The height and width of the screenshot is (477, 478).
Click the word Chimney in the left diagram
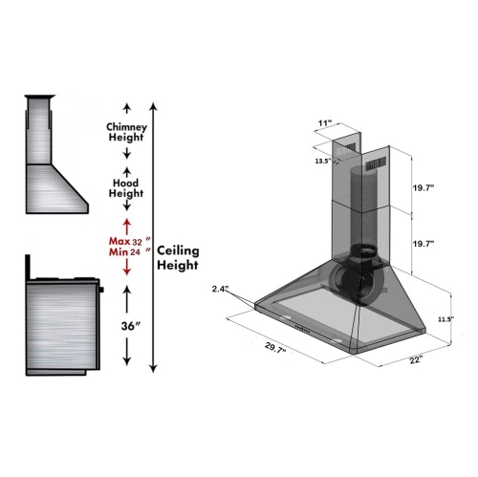click(x=125, y=125)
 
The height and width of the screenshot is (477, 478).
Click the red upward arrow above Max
click(x=125, y=225)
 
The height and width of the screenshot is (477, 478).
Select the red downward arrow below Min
click(x=125, y=272)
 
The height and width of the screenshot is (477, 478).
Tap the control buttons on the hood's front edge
click(x=315, y=329)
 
